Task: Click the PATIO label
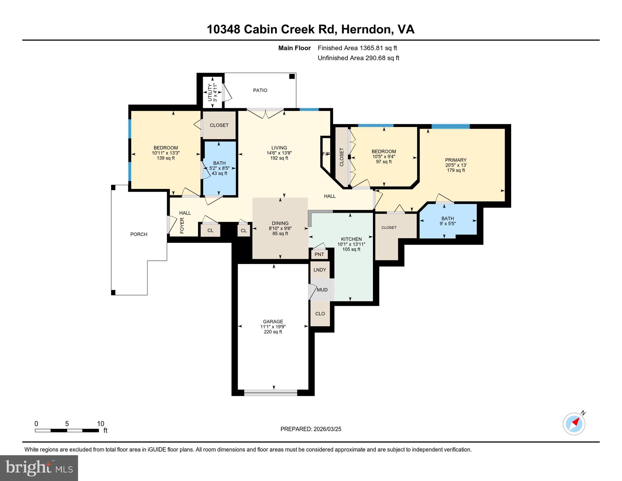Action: tap(260, 90)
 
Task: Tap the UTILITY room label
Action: tap(210, 93)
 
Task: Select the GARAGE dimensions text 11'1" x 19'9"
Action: tap(273, 327)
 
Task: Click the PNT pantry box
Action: tap(319, 254)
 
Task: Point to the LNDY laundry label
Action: tap(320, 270)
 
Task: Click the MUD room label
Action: tap(322, 290)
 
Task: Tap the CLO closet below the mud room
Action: tap(320, 314)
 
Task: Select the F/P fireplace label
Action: tap(326, 154)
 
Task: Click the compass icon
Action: tap(574, 424)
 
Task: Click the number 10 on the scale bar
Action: tap(100, 424)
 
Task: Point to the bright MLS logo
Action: tap(39, 468)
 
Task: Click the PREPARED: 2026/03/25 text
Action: tap(311, 429)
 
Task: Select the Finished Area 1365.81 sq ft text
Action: tap(357, 48)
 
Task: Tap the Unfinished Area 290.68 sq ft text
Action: tap(358, 58)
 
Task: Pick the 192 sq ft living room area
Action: tap(279, 158)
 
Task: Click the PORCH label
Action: tap(139, 234)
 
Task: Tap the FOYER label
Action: tap(182, 225)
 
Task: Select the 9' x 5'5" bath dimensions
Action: tap(448, 224)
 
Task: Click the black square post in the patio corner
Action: tap(292, 76)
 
